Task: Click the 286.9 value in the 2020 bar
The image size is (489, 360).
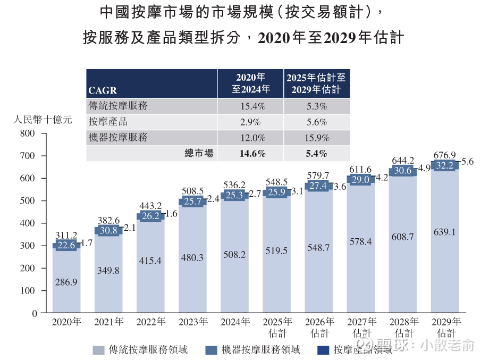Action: pos(66,282)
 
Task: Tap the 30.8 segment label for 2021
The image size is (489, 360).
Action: pos(108,230)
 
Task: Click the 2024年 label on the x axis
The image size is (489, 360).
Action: pos(234,322)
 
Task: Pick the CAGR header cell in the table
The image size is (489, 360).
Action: pos(103,90)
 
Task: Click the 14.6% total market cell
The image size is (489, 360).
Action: pos(252,154)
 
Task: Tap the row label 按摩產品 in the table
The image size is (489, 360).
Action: pos(108,122)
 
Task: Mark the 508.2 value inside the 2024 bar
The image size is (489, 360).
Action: pos(234,255)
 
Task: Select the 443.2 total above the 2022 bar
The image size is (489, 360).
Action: pos(150,206)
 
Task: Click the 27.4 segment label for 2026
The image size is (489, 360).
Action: pos(318,186)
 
